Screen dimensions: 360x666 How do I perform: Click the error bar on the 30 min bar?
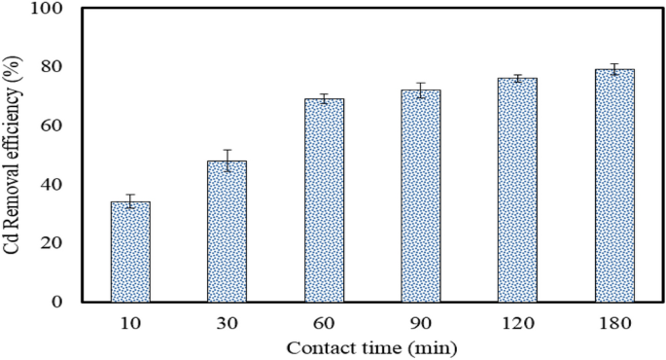[227, 161]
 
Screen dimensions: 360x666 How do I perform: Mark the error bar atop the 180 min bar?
[614, 69]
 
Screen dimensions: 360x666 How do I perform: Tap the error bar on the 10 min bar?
[130, 201]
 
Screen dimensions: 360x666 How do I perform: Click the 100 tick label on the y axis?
[47, 9]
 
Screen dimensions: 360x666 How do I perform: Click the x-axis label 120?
[517, 322]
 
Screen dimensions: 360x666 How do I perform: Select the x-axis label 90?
[421, 322]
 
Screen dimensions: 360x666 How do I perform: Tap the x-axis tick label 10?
[130, 322]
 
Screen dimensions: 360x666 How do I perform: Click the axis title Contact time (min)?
[372, 346]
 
